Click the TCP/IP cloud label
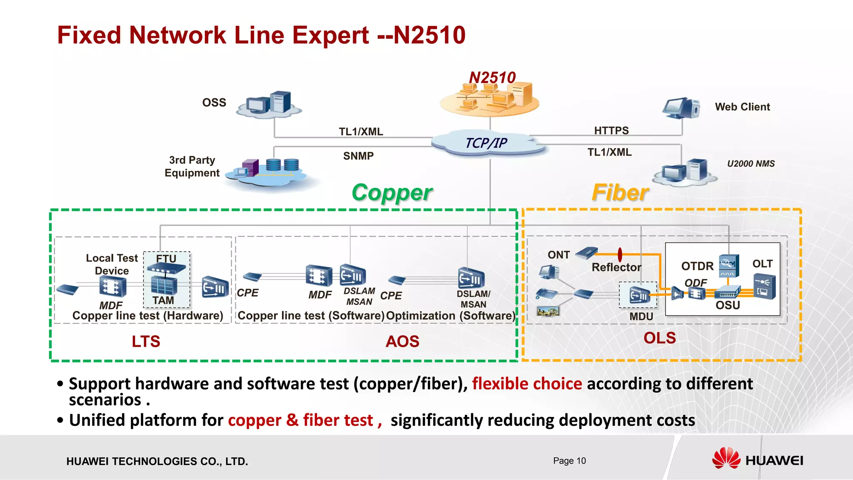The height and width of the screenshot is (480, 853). coord(486,143)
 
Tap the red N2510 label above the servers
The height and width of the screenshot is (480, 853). coord(492,77)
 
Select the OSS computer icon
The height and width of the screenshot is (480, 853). coord(269,103)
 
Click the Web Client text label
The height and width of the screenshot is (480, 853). coord(742,107)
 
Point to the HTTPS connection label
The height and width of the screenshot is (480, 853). coord(611,130)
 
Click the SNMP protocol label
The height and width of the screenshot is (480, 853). coord(358,156)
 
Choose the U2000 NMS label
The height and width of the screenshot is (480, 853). coord(751,164)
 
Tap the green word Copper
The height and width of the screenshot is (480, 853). coord(392,192)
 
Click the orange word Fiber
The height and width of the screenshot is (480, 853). coord(620,192)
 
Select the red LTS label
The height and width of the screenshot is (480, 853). coord(146,341)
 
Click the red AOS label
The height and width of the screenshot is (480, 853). coord(402,341)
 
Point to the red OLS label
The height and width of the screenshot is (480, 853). coord(659,338)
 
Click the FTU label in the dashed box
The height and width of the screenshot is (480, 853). coord(166,258)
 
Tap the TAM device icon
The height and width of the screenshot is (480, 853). coord(164,285)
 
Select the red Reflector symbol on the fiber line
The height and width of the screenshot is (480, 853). coord(620,254)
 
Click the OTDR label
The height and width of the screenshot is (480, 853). coord(697,266)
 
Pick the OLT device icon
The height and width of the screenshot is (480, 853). coord(765,286)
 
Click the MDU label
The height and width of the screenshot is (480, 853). coord(641,316)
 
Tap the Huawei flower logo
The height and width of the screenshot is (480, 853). coord(726,458)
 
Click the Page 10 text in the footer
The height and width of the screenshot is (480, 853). coord(569,460)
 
